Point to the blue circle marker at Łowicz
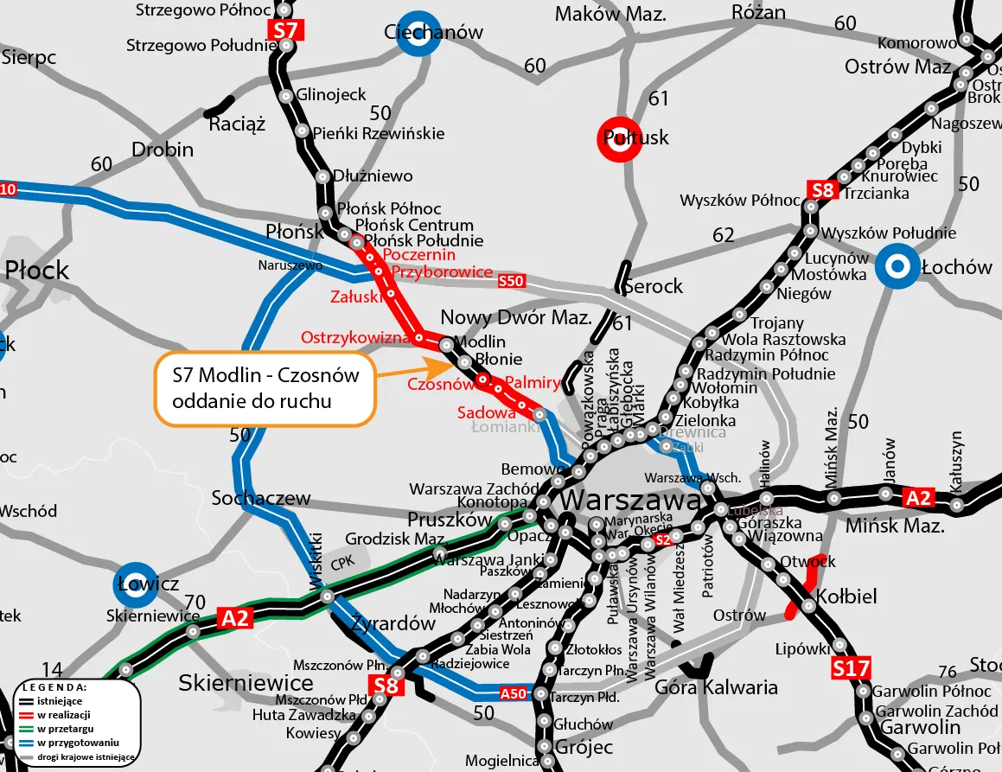pos(137,584)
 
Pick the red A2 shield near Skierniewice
pos(235,617)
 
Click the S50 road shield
pos(511,281)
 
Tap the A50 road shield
pos(514,693)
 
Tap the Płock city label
pos(36,271)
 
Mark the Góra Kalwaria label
pos(717,688)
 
